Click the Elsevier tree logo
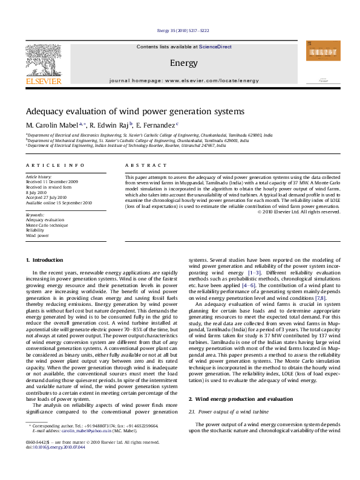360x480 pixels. pos(42,60)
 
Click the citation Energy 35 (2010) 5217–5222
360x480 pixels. pos(183,30)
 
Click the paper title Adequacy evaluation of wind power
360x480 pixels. pos(134,112)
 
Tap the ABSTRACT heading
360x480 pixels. pos(146,165)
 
